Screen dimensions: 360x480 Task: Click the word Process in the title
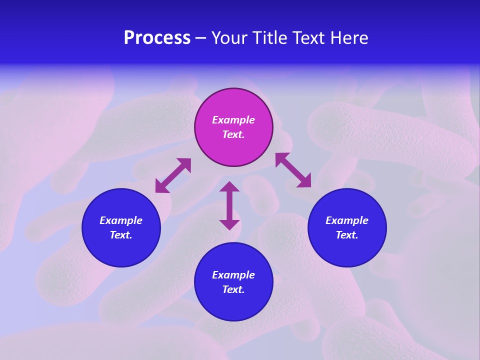[x=157, y=38]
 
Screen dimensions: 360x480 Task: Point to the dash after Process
[x=201, y=39]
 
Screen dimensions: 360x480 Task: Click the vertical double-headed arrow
[x=229, y=205]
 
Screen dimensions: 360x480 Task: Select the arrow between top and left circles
[x=173, y=175]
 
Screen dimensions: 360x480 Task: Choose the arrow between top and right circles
[x=293, y=170]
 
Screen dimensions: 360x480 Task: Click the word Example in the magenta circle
[x=233, y=120]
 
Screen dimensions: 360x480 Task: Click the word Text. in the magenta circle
[x=233, y=134]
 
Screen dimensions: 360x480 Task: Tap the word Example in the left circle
[x=121, y=220]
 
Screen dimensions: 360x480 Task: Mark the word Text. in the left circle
[x=121, y=235]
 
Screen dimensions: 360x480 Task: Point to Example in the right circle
[x=347, y=220]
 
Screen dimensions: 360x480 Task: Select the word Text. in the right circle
[x=347, y=235]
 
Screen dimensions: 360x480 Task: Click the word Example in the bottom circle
[x=233, y=275]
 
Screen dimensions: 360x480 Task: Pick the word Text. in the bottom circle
[x=233, y=289]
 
